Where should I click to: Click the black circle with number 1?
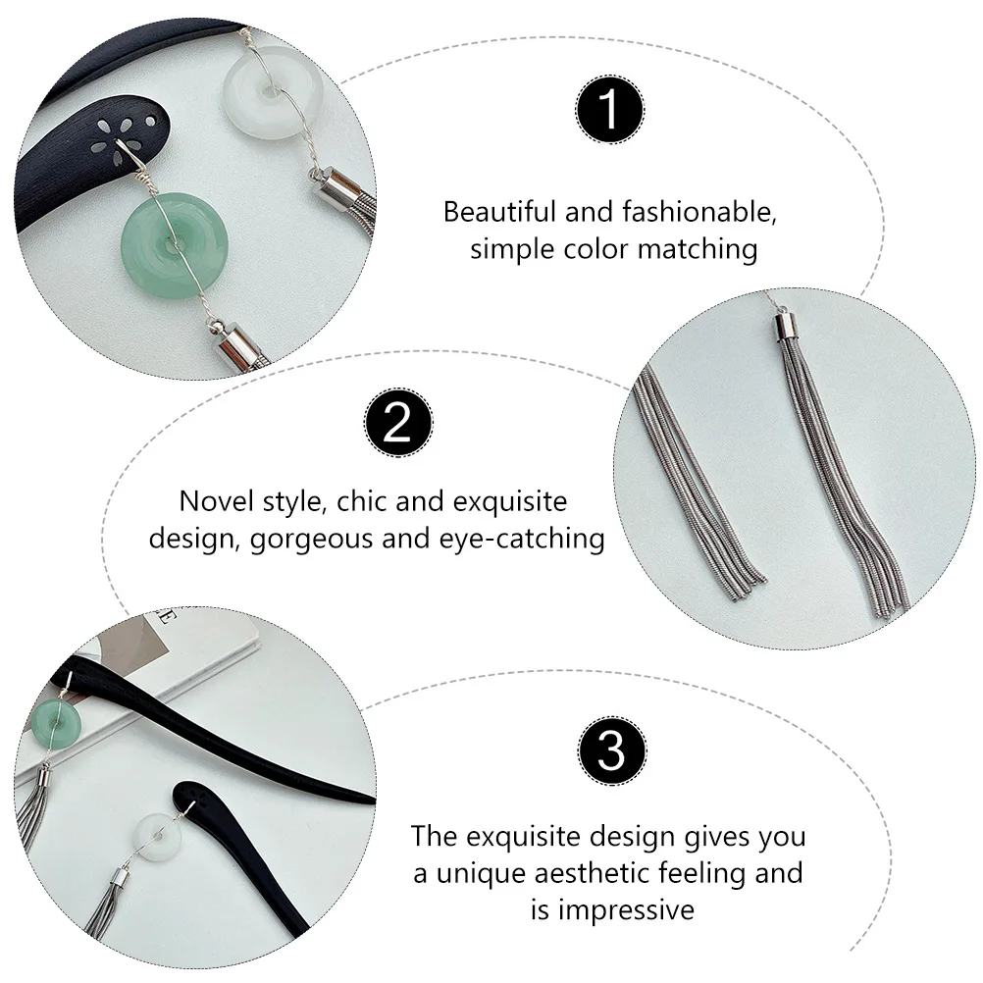click(x=610, y=109)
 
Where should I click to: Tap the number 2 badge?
click(x=397, y=422)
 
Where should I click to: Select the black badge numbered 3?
click(x=610, y=750)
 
